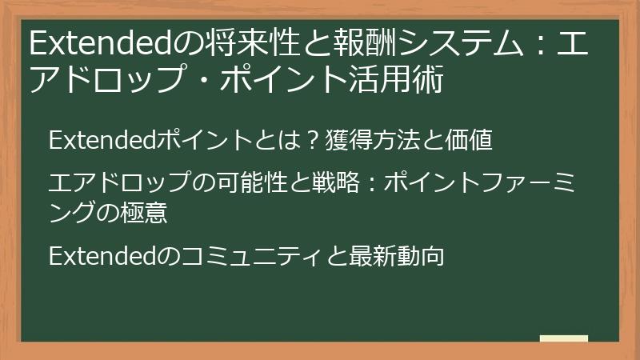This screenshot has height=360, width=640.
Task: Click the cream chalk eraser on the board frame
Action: [x=563, y=338]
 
